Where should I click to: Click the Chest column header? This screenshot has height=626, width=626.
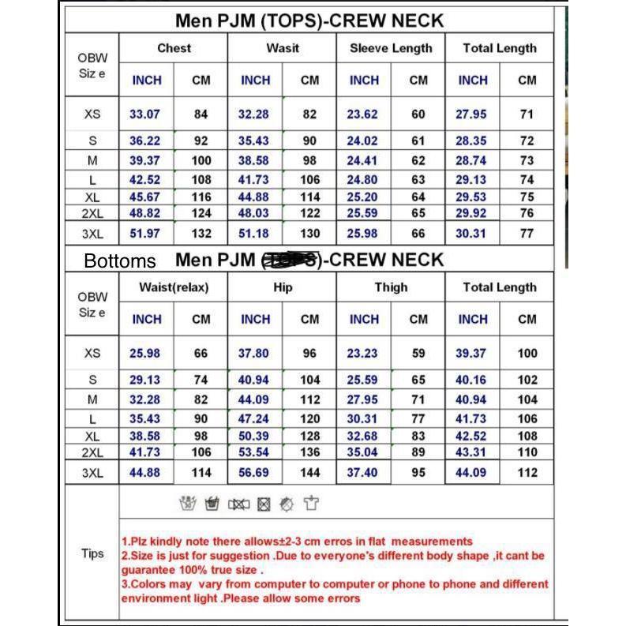[174, 48]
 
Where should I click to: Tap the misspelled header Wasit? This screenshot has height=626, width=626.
[283, 48]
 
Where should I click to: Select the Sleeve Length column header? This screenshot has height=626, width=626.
[391, 48]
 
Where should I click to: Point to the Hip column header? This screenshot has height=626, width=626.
[283, 287]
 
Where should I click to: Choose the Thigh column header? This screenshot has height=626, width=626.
[391, 287]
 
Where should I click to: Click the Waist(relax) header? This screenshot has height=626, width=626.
[174, 287]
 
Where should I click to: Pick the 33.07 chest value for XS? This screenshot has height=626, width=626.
[144, 114]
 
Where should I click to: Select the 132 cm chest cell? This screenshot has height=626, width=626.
[201, 234]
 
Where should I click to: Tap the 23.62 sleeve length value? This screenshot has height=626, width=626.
[362, 114]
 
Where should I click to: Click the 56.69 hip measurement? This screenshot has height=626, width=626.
[253, 473]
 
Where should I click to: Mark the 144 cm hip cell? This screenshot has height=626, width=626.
[309, 473]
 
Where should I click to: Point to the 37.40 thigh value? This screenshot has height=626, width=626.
[362, 473]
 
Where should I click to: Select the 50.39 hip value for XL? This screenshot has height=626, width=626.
[253, 436]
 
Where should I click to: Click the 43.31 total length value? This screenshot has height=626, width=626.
[470, 452]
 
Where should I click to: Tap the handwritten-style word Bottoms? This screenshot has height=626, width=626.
[120, 261]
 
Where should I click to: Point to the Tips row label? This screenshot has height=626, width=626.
[92, 553]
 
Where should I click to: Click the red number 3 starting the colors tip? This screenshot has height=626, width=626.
[125, 584]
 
